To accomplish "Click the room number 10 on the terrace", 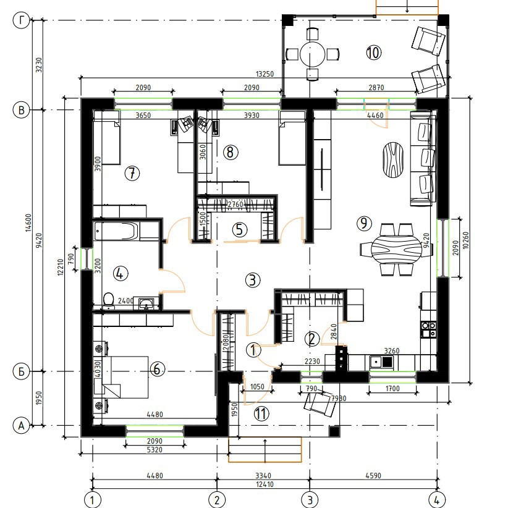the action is tap(373, 53).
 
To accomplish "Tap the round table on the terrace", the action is tap(312, 54).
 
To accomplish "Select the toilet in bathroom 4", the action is tap(108, 300).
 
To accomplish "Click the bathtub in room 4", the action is tap(116, 231).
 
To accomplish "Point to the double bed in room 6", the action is tap(125, 377).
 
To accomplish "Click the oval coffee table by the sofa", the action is tap(394, 160).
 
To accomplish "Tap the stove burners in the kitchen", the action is tap(429, 329).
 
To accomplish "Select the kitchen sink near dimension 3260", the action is tap(382, 361).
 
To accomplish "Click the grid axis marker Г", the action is tap(21, 20).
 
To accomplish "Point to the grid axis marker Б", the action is tap(21, 371).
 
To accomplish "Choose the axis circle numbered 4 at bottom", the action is tap(436, 500).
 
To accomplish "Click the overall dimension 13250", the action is tap(265, 74).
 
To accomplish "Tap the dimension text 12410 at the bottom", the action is tap(265, 485).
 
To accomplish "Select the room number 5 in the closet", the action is tap(240, 229).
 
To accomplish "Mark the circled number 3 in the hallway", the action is tap(253, 280).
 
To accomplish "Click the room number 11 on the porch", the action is tap(261, 414).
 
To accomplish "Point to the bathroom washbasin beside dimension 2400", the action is tap(146, 303).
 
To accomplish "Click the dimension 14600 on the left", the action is tap(28, 222).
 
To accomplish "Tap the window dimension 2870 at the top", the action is tap(376, 87).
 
